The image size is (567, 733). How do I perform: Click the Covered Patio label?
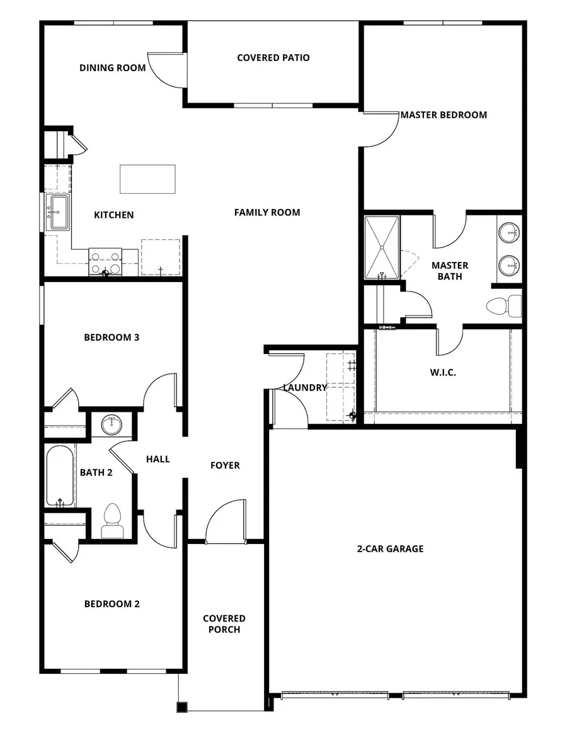coord(273,58)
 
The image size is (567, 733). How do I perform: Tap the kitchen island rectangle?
coord(147,179)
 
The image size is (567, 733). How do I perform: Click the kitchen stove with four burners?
coord(105,263)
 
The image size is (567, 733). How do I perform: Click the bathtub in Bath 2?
coord(60,475)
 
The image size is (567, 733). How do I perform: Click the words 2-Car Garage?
coord(390,548)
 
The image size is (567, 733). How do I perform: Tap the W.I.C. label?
coord(443,372)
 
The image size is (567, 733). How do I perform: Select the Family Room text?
coord(267,212)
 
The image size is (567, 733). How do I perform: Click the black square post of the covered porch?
coord(181,707)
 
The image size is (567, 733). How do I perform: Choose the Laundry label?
coord(305,388)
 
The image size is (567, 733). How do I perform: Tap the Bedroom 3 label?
coord(112,338)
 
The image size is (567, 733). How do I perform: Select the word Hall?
coord(157,459)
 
